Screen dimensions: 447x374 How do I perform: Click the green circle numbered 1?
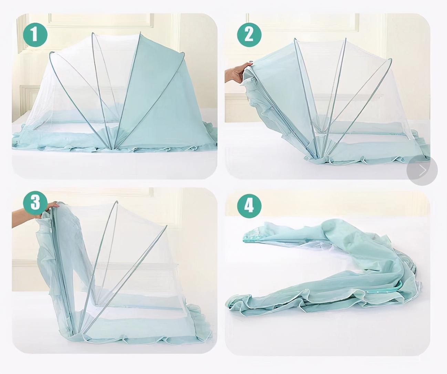click(35, 35)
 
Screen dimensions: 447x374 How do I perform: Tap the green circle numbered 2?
click(249, 35)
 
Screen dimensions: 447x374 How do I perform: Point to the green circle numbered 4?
click(249, 206)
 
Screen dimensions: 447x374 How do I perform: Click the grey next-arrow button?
click(422, 170)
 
